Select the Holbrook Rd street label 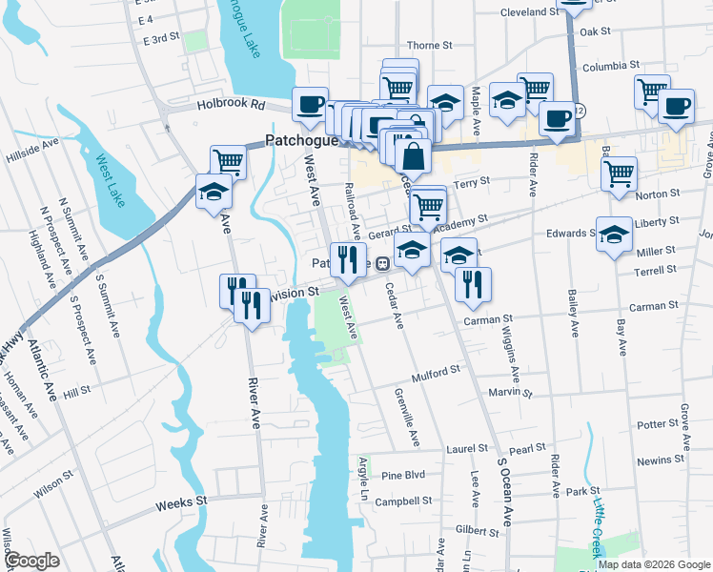231,104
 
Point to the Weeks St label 181,501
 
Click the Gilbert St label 477,528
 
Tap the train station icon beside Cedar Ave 381,263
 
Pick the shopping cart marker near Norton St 619,173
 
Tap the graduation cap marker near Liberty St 614,233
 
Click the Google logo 31,561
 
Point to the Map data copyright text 654,564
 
